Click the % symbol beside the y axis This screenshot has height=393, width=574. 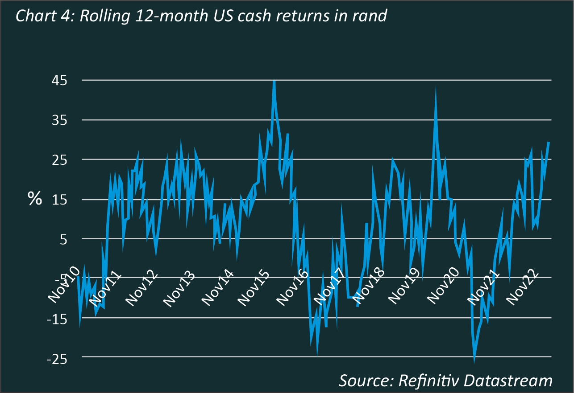(x=35, y=199)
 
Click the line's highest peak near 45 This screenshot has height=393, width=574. (x=274, y=81)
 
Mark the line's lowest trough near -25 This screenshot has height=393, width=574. (x=474, y=361)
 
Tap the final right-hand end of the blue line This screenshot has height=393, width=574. (x=549, y=142)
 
